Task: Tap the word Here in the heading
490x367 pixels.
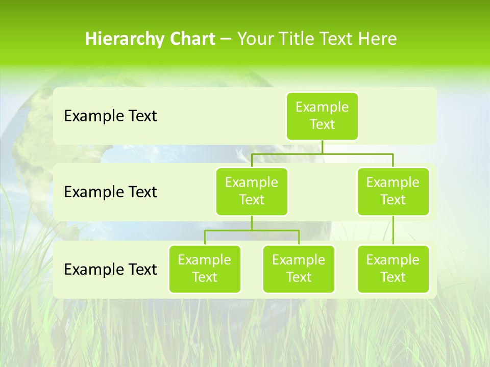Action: coord(377,39)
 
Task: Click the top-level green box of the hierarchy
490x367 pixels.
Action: coord(322,116)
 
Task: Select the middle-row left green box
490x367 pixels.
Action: coord(252,191)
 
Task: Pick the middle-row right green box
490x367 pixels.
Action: coord(393,191)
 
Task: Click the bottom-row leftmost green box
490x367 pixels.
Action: coord(205,269)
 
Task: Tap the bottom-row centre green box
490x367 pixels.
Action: coord(299,269)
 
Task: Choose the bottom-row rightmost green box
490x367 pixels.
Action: coord(393,269)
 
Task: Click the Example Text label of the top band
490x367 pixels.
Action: coord(110,116)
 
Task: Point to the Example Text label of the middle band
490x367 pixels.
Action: coord(110,192)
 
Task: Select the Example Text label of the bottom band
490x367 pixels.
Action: coord(110,269)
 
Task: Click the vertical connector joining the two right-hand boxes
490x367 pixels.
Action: coord(393,230)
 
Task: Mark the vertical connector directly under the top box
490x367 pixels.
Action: coord(322,147)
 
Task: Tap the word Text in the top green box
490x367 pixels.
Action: coord(322,125)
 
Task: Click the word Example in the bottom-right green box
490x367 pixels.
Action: coord(393,260)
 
